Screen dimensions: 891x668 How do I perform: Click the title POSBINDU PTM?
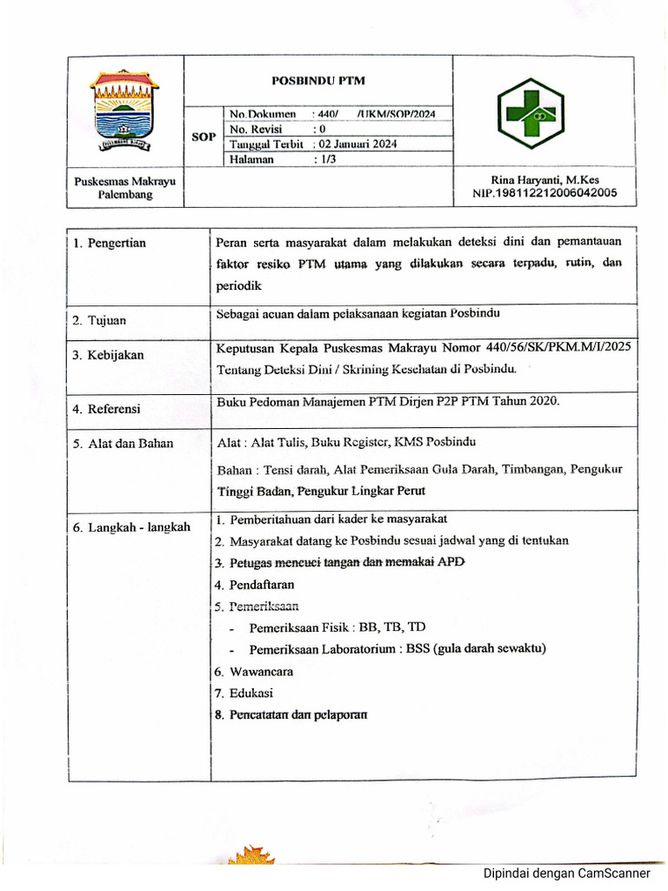tap(318, 80)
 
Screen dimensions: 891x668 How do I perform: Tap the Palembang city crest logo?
tap(125, 110)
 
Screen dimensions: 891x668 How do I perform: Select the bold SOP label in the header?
tap(204, 137)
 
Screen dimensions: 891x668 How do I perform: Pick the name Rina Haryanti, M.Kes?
tap(544, 180)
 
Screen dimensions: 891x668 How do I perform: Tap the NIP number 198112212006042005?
tap(544, 193)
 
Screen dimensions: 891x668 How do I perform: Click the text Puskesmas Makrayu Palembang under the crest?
tap(125, 187)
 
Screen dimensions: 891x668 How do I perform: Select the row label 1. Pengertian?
tap(110, 243)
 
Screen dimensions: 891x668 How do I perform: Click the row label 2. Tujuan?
tap(99, 320)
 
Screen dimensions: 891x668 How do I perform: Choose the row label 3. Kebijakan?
tap(109, 355)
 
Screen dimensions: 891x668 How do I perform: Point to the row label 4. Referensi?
tap(107, 408)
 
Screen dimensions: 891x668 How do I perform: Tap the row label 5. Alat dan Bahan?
tap(123, 443)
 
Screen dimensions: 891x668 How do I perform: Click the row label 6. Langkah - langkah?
tap(131, 527)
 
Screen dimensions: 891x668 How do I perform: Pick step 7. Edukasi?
tap(244, 693)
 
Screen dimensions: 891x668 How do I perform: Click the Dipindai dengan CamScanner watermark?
tap(566, 874)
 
